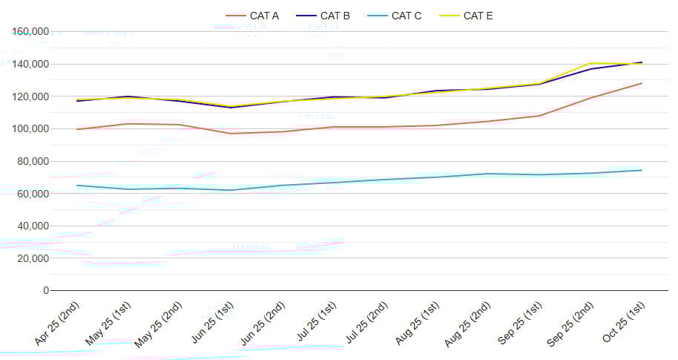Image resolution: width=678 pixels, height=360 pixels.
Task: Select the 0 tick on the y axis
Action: pos(46,291)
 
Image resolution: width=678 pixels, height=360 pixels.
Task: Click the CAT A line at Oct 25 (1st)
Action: pos(642,83)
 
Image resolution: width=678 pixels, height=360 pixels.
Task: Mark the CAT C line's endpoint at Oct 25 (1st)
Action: pos(642,170)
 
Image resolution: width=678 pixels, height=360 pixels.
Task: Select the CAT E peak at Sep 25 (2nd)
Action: pos(590,63)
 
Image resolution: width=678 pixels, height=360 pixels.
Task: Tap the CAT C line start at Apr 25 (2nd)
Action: pos(77,186)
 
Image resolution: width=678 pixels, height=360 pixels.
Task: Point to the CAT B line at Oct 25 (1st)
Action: pos(642,62)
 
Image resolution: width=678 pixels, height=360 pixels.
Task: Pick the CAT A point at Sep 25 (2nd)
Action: pos(590,98)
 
